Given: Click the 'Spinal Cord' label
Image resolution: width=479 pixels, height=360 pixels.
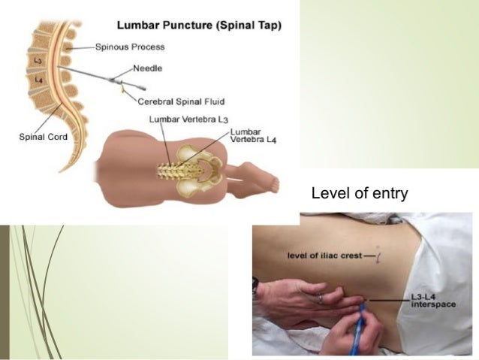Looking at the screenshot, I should pos(42,137).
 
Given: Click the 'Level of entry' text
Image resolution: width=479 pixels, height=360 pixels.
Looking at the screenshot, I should pos(359,194).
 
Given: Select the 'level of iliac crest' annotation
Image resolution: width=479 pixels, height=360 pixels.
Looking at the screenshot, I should pos(326,256).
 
